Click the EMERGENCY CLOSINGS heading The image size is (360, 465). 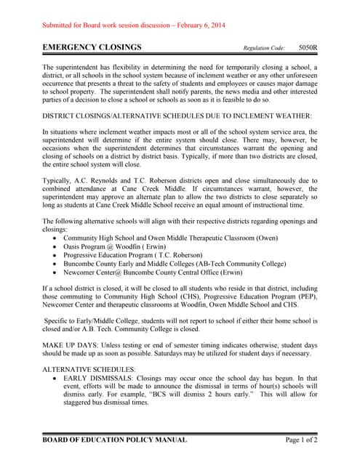92,48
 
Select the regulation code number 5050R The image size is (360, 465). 308,48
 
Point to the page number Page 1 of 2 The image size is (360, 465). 299,440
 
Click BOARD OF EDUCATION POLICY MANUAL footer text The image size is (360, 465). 115,440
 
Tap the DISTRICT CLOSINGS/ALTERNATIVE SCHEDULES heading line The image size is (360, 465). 177,116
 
